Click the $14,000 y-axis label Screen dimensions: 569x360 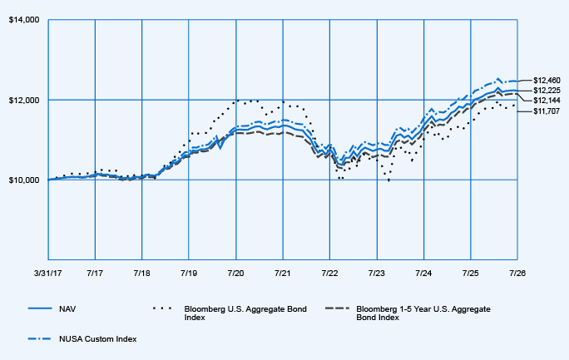pyautogui.click(x=24, y=20)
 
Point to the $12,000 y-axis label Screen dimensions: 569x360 pyautogui.click(x=24, y=100)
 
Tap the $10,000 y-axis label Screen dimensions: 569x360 pyautogui.click(x=24, y=180)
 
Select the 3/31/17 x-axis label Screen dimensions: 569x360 pyautogui.click(x=48, y=273)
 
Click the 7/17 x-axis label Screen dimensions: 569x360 pyautogui.click(x=95, y=273)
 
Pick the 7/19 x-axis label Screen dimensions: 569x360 pyautogui.click(x=189, y=273)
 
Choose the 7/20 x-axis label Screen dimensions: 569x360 pyautogui.click(x=236, y=273)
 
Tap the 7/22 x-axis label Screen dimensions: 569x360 pyautogui.click(x=329, y=273)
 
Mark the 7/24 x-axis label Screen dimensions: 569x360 pyautogui.click(x=423, y=273)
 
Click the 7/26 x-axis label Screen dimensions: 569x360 pyautogui.click(x=517, y=273)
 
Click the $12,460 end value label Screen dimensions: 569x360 pyautogui.click(x=547, y=81)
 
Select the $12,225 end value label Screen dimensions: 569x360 pyautogui.click(x=547, y=91)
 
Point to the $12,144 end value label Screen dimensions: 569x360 pyautogui.click(x=547, y=101)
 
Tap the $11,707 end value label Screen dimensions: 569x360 pyautogui.click(x=547, y=111)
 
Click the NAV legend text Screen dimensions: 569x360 pyautogui.click(x=67, y=309)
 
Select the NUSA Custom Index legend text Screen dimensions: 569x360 pyautogui.click(x=98, y=339)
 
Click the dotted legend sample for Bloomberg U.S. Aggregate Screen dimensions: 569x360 pyautogui.click(x=162, y=308)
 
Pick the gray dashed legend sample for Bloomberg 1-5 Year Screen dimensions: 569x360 pyautogui.click(x=338, y=308)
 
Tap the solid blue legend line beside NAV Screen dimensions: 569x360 pyautogui.click(x=40, y=308)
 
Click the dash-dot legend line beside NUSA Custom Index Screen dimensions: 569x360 pyautogui.click(x=40, y=338)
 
